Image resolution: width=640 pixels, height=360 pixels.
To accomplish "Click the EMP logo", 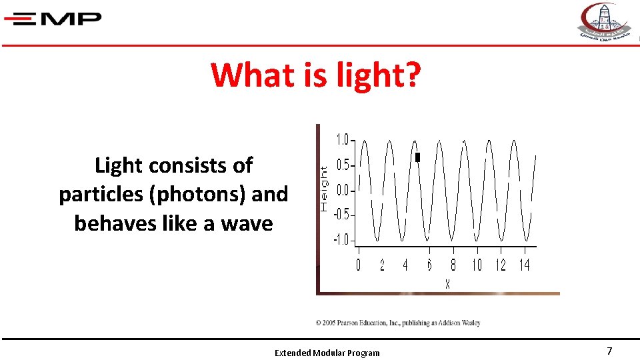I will [x=53, y=19].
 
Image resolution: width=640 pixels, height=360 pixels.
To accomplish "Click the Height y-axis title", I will [x=324, y=189].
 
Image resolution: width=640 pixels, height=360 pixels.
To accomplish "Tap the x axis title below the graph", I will [x=447, y=284].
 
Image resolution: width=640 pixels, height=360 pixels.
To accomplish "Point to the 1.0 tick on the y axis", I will [x=342, y=140].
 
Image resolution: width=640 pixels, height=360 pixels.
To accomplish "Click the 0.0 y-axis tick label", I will [x=342, y=191].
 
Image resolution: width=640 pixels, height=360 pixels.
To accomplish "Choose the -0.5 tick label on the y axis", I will [x=341, y=215].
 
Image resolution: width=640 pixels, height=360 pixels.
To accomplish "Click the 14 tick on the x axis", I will [x=525, y=265].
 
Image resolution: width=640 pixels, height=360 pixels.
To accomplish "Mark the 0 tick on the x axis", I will [x=358, y=265].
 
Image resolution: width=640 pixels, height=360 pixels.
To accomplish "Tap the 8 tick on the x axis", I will [x=453, y=265].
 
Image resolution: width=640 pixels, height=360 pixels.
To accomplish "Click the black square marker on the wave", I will [x=418, y=157].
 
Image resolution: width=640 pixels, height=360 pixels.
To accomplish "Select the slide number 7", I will [x=609, y=351].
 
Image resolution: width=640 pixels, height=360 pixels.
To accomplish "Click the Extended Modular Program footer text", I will [x=327, y=353].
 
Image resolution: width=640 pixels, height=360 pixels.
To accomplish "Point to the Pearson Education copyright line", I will [x=398, y=323].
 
